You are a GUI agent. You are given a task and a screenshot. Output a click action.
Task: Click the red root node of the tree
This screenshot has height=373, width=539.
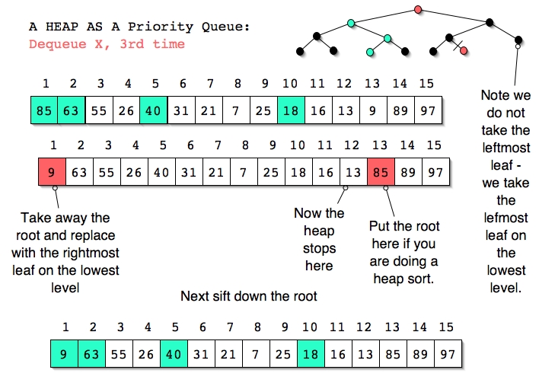[x=418, y=9]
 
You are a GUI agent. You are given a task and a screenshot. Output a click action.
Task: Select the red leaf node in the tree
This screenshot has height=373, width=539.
[x=464, y=51]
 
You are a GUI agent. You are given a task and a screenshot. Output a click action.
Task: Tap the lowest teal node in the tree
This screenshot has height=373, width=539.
[x=370, y=53]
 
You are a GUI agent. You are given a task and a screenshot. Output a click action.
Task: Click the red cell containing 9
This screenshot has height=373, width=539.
[x=52, y=172]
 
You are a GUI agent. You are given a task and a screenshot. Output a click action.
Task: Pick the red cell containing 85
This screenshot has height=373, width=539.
[x=381, y=172]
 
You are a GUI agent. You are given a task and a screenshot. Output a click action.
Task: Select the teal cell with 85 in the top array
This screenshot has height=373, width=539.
[x=44, y=110]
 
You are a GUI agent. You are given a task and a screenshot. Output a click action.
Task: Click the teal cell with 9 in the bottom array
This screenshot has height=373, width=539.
[x=64, y=354]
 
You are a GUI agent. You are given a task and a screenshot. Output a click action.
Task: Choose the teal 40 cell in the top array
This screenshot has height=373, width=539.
[x=154, y=110]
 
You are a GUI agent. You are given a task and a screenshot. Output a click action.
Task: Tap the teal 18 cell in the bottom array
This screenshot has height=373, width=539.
[x=311, y=354]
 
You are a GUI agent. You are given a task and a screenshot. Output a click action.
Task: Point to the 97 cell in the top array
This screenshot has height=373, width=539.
[x=428, y=110]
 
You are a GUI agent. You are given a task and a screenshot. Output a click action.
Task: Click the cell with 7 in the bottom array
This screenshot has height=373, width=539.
[x=256, y=354]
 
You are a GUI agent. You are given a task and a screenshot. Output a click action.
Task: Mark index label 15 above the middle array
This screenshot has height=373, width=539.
[x=434, y=145]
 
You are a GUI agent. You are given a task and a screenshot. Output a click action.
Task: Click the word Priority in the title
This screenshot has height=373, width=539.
[x=161, y=27]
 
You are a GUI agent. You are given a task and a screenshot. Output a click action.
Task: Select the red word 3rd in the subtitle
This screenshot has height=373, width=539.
[x=132, y=44]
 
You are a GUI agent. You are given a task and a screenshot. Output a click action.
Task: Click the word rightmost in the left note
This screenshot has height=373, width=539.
[x=91, y=253]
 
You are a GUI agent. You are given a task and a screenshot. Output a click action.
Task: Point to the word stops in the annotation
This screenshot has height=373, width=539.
[x=319, y=249]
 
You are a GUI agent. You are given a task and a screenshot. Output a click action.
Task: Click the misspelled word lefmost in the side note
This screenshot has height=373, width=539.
[x=506, y=218]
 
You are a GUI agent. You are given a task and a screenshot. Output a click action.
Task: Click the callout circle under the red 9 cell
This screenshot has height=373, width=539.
[x=55, y=188]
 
